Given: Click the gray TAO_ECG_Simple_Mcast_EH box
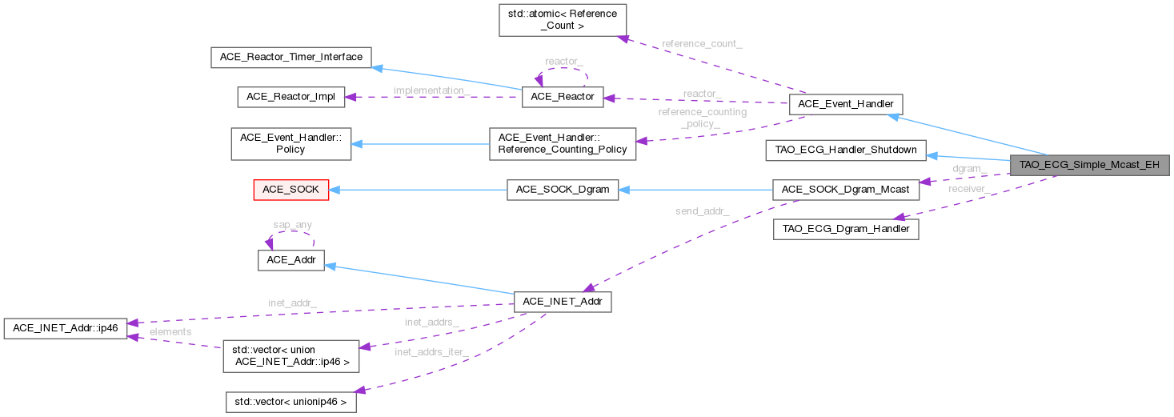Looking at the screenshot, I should pos(1091,166).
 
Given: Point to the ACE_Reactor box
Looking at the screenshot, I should pos(562,97).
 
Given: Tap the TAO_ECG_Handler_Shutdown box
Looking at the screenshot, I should pos(845,150).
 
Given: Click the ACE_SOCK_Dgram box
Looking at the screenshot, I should pos(562,190).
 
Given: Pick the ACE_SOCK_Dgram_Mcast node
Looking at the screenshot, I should pos(845,190).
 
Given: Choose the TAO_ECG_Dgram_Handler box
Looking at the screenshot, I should pos(845,229).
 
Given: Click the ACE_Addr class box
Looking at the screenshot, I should pos(290,261).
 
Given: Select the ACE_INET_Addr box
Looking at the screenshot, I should pos(562,302).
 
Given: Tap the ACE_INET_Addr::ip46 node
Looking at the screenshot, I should pos(65,328).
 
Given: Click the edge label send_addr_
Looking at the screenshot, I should pos(701,211).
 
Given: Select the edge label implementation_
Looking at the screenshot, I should pos(432,90).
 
